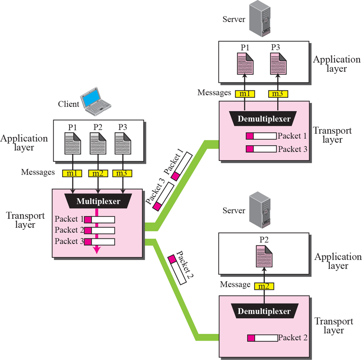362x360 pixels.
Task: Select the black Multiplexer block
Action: coord(98,202)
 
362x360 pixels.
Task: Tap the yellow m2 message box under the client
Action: coord(98,173)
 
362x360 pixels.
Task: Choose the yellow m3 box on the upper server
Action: coord(278,93)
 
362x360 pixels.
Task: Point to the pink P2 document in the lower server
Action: coord(263,256)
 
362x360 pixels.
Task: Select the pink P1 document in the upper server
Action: coord(245,63)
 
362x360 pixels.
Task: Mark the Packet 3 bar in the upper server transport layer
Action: coord(262,149)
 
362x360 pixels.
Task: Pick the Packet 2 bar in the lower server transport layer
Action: coord(262,338)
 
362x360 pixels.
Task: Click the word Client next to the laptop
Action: coord(69,104)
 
